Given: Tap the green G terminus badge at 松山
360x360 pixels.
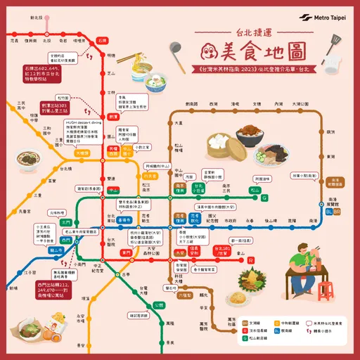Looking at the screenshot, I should coord(264,198).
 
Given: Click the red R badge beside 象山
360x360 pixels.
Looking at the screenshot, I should coord(251,261).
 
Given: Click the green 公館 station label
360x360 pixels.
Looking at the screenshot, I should coord(159,304).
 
